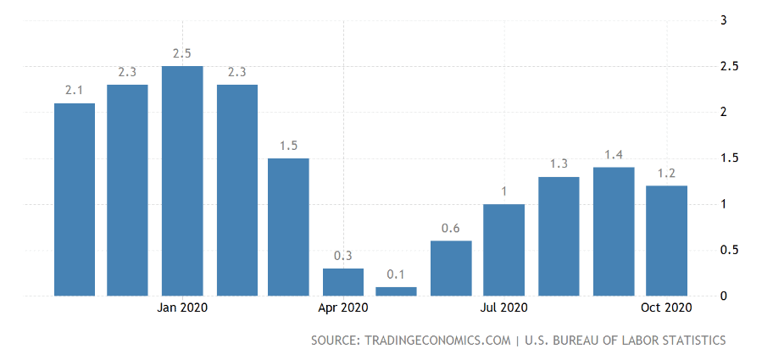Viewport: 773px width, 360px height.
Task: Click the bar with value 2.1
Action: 75,199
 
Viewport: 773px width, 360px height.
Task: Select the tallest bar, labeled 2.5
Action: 182,180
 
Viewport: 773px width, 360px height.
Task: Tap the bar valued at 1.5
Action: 289,227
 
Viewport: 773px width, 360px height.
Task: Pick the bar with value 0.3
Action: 343,282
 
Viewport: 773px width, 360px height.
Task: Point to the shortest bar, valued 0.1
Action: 397,291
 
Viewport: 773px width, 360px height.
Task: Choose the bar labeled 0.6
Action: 451,269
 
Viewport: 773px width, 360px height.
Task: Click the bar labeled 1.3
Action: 559,236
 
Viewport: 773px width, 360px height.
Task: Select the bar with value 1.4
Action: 614,231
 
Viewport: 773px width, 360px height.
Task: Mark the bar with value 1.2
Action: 666,241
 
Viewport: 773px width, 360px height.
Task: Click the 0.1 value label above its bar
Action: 397,274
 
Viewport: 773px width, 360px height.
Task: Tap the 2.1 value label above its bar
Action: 74,90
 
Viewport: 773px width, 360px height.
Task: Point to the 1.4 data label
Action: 614,154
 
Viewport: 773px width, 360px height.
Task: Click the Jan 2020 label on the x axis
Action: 182,307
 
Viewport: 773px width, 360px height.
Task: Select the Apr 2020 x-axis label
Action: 343,307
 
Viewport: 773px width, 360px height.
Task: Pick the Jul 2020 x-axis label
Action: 503,307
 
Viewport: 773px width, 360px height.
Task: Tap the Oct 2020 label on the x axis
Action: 666,307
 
